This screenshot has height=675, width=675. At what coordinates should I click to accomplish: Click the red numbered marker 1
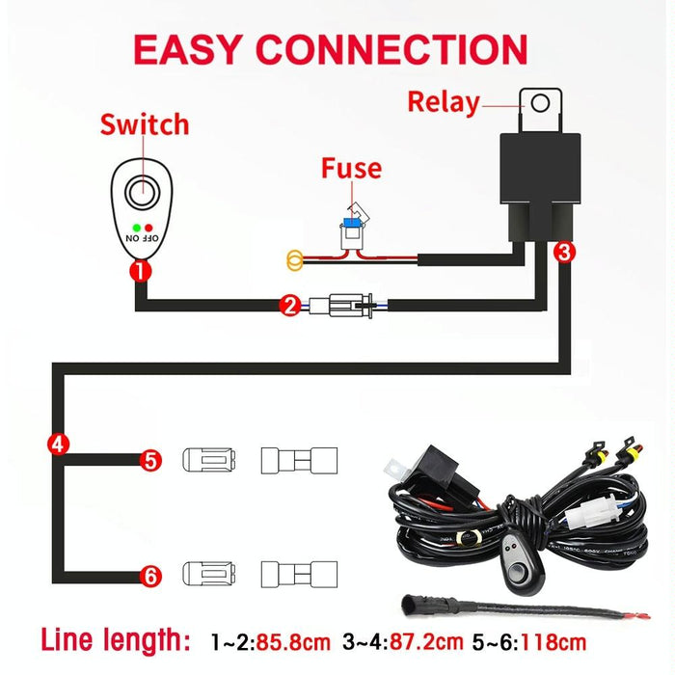coord(141,271)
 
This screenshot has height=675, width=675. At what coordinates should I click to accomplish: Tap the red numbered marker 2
coord(289,307)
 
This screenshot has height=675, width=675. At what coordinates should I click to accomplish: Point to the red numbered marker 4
coord(58,445)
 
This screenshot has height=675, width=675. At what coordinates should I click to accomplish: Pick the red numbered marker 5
coord(149,460)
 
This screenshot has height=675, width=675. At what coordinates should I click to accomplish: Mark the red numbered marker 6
coord(149,577)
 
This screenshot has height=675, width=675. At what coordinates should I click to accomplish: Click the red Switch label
coord(145,124)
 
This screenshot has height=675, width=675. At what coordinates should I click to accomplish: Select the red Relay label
coord(444,101)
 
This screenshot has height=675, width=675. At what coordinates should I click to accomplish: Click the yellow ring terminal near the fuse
coord(295,257)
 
